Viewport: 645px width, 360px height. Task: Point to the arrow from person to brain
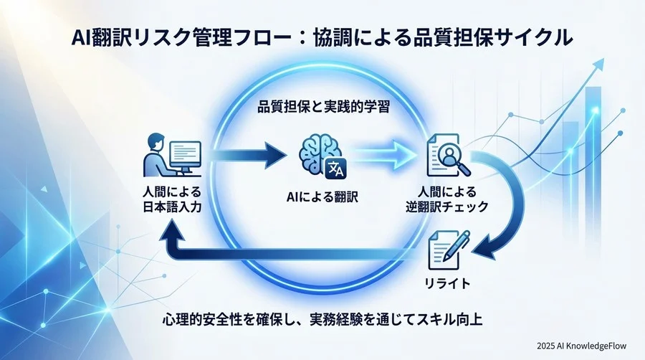(x=248, y=153)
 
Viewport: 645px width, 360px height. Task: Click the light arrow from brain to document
(x=383, y=153)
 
